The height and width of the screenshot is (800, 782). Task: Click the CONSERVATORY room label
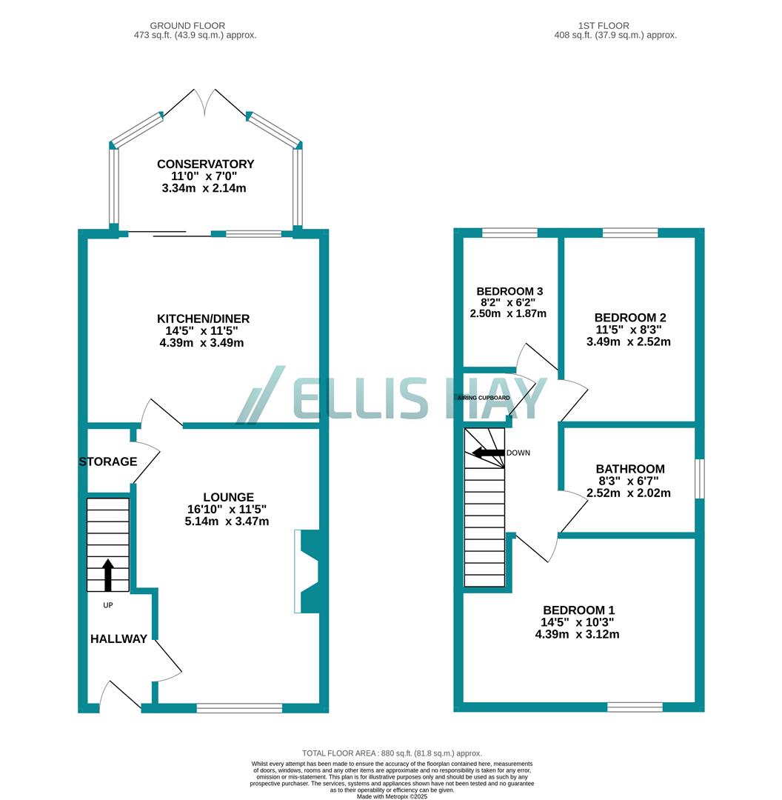click(x=205, y=164)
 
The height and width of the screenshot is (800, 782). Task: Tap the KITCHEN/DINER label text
click(x=203, y=319)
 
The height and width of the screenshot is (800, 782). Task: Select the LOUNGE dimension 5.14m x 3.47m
click(x=227, y=521)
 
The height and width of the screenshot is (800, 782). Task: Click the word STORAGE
click(x=108, y=461)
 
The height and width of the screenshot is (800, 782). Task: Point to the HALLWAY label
click(x=118, y=639)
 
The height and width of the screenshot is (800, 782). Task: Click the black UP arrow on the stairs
click(x=108, y=575)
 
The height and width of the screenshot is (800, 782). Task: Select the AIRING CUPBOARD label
click(x=484, y=399)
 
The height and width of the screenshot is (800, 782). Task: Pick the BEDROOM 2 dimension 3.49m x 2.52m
click(x=628, y=341)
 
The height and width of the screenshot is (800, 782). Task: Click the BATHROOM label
click(x=630, y=469)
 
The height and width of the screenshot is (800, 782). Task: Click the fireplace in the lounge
click(x=307, y=571)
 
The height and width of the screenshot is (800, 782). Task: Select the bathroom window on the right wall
click(x=699, y=479)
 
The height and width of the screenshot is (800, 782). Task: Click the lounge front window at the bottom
click(x=239, y=708)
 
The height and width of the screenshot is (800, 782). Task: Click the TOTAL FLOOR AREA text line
click(x=392, y=753)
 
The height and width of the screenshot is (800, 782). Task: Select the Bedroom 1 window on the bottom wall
click(x=635, y=707)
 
